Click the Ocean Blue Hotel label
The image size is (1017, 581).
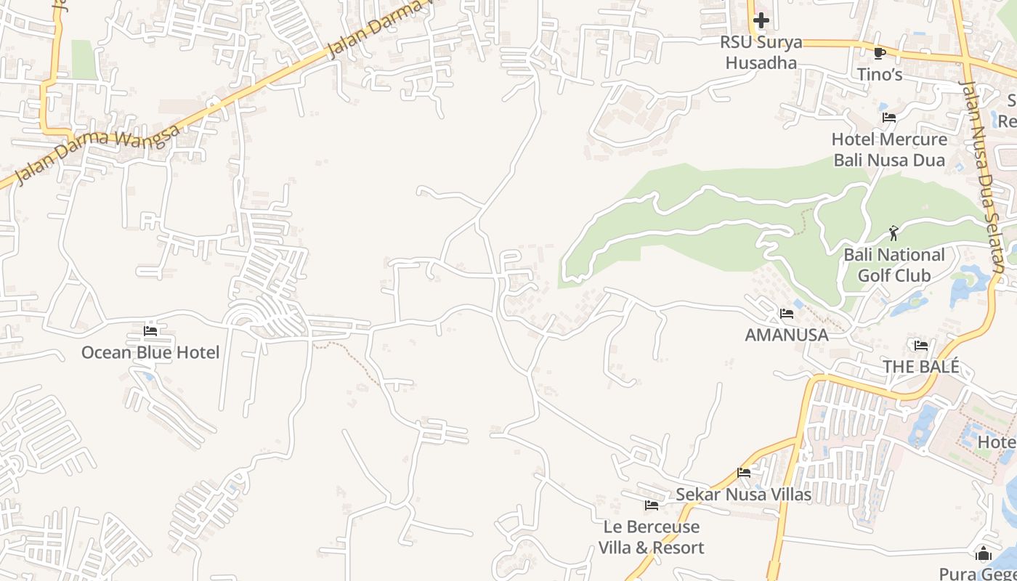tap(150, 352)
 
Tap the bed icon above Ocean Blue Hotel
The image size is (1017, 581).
tap(150, 331)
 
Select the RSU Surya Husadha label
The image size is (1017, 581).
tap(761, 52)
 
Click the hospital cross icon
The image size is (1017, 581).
tap(761, 20)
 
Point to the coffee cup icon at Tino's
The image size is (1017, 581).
tap(879, 53)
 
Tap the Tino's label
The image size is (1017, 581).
tap(879, 74)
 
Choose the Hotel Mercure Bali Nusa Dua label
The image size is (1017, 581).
tap(889, 149)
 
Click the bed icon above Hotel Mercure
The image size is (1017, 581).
tap(889, 118)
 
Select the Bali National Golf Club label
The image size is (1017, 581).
tap(894, 265)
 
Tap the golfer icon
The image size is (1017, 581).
tap(894, 233)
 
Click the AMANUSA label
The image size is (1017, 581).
tap(787, 335)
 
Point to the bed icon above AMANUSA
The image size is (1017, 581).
tap(787, 314)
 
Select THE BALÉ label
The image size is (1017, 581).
tap(921, 367)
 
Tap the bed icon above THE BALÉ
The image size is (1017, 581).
tap(921, 346)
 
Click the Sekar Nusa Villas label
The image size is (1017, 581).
tap(743, 495)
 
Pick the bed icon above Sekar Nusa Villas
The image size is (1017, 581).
tap(743, 473)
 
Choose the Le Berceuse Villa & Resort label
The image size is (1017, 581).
tap(651, 537)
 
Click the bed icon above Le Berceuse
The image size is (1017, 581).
tap(651, 505)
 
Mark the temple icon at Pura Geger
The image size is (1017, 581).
tap(984, 554)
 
